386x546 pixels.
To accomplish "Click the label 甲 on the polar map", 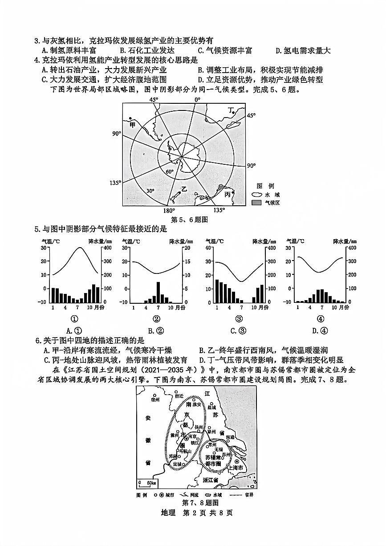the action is pyautogui.click(x=132, y=125).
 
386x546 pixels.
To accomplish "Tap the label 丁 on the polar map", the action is pyautogui.click(x=231, y=110).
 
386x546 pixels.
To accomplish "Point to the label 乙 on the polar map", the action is pyautogui.click(x=183, y=189).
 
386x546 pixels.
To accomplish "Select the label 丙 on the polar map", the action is pyautogui.click(x=228, y=194).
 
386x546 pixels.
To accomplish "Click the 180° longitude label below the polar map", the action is pyautogui.click(x=169, y=211).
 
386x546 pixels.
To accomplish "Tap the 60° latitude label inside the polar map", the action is pyautogui.click(x=170, y=171).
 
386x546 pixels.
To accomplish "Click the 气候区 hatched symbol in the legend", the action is pyautogui.click(x=256, y=203).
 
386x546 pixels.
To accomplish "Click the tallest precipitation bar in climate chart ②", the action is pyautogui.click(x=158, y=292).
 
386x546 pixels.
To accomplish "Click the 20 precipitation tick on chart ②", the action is pyautogui.click(x=187, y=248).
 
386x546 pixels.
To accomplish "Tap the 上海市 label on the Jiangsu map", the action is pyautogui.click(x=236, y=468).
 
